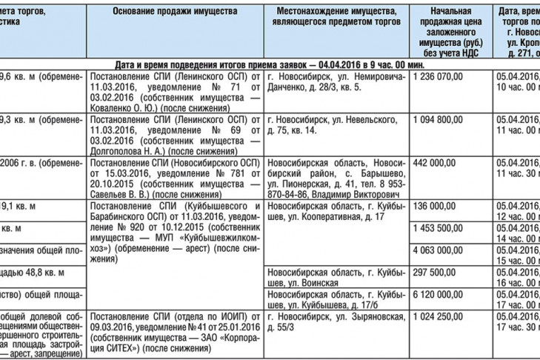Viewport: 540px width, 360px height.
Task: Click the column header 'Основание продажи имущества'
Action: (x=175, y=13)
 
